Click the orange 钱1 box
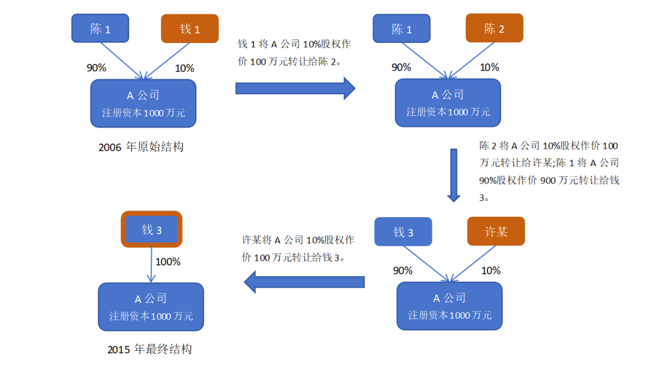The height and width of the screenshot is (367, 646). [x=190, y=29]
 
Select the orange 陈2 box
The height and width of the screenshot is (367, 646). [x=494, y=29]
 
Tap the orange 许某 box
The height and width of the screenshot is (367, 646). [x=496, y=231]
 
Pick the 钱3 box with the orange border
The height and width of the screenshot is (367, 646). [x=151, y=230]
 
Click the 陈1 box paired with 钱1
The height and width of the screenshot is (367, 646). [x=100, y=29]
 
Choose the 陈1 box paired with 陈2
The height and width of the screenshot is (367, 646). [x=402, y=29]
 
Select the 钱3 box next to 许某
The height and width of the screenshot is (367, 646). [x=403, y=232]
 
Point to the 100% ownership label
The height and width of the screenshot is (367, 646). [x=168, y=262]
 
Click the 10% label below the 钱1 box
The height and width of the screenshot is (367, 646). [x=184, y=68]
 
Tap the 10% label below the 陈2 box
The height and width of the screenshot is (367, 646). [x=489, y=68]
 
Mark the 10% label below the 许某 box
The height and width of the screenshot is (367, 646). [x=490, y=270]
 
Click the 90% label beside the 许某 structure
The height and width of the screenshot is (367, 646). [x=403, y=270]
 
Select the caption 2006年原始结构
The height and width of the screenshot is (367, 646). [x=141, y=147]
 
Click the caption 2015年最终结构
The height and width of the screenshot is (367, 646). [x=150, y=350]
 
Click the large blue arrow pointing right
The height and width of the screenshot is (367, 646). [x=295, y=88]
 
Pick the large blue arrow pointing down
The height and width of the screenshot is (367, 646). [x=454, y=175]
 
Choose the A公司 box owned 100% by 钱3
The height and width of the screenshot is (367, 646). [x=151, y=307]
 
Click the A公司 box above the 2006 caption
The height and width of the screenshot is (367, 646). [x=143, y=103]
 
